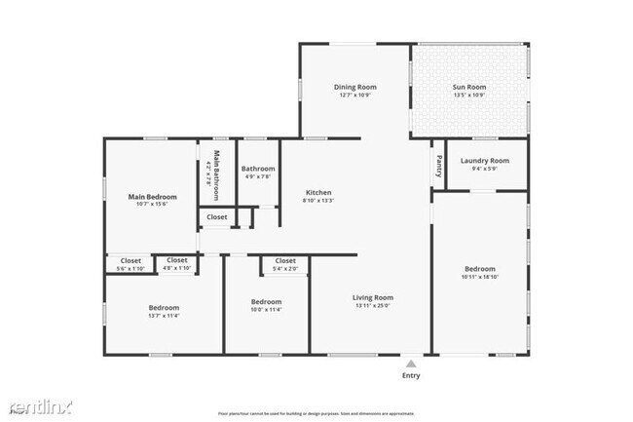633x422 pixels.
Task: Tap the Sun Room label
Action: [470, 87]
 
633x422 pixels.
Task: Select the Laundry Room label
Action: [484, 160]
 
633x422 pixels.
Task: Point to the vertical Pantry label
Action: [440, 165]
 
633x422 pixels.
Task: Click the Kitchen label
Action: [319, 192]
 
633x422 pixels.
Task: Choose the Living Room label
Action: [372, 297]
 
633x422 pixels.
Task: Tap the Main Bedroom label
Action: [152, 196]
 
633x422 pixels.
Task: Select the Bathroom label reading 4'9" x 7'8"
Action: [258, 168]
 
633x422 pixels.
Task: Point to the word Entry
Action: [412, 374]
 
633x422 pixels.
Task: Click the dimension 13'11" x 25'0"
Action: [372, 306]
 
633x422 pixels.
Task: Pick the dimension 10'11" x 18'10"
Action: [479, 278]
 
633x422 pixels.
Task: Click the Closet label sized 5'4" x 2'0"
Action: [285, 261]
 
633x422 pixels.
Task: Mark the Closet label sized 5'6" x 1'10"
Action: [130, 260]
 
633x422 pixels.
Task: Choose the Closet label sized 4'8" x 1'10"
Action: [177, 260]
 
